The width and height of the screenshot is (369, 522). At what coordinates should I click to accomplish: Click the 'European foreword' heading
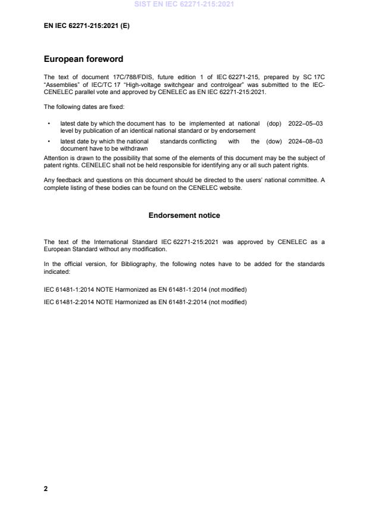[83, 60]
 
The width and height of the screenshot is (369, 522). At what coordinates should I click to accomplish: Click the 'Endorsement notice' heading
[185, 215]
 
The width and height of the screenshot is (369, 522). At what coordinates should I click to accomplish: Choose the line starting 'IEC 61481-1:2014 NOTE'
[145, 289]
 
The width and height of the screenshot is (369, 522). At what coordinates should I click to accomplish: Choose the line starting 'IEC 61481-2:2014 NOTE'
[145, 302]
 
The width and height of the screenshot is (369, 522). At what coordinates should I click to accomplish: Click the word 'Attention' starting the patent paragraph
[56, 158]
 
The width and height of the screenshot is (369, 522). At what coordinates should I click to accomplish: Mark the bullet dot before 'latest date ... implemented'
[48, 123]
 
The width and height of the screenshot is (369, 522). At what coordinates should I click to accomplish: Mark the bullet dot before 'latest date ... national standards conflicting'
[48, 141]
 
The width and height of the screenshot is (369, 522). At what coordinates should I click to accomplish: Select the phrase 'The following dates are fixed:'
[82, 107]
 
